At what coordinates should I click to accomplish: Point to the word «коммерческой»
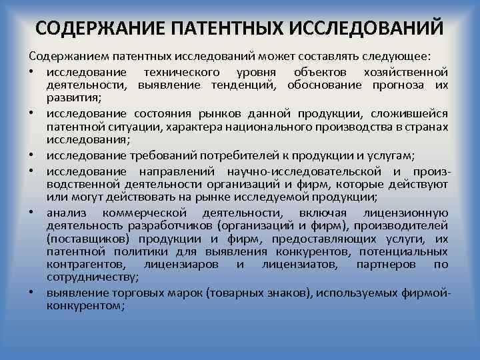[x=145, y=213]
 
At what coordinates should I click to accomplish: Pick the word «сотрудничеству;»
[x=93, y=277]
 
